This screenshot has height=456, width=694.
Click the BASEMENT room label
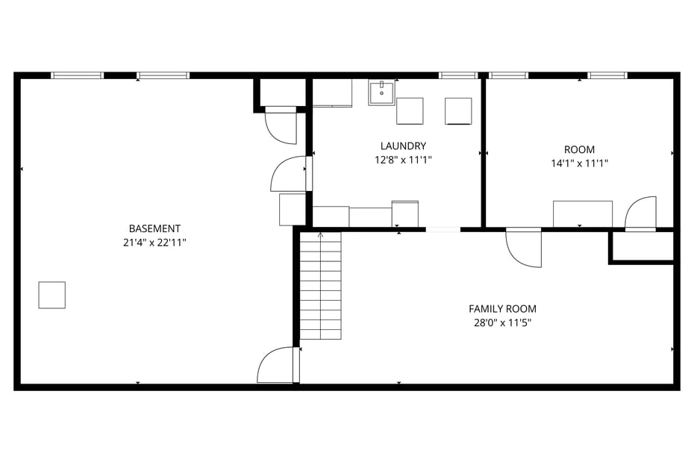click(154, 228)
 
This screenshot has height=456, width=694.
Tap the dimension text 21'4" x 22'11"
click(154, 242)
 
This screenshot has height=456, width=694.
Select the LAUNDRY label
click(403, 146)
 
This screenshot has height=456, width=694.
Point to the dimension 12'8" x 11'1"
click(403, 160)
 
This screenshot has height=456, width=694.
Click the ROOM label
click(579, 150)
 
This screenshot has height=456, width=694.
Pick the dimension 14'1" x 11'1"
click(579, 163)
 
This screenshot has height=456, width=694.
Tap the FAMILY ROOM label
click(502, 309)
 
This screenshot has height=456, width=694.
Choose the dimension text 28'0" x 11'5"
click(502, 322)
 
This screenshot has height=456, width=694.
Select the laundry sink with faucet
click(381, 93)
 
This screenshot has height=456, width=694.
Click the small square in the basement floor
click(52, 295)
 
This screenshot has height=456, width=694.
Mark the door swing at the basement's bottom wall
click(276, 366)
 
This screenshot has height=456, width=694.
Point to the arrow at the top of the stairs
click(321, 235)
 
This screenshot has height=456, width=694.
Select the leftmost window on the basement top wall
click(77, 75)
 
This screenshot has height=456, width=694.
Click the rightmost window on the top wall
click(607, 75)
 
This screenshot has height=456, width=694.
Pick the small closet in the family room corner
click(643, 246)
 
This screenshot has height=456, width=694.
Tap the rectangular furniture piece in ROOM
click(582, 213)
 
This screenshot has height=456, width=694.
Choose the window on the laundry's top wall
click(457, 75)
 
